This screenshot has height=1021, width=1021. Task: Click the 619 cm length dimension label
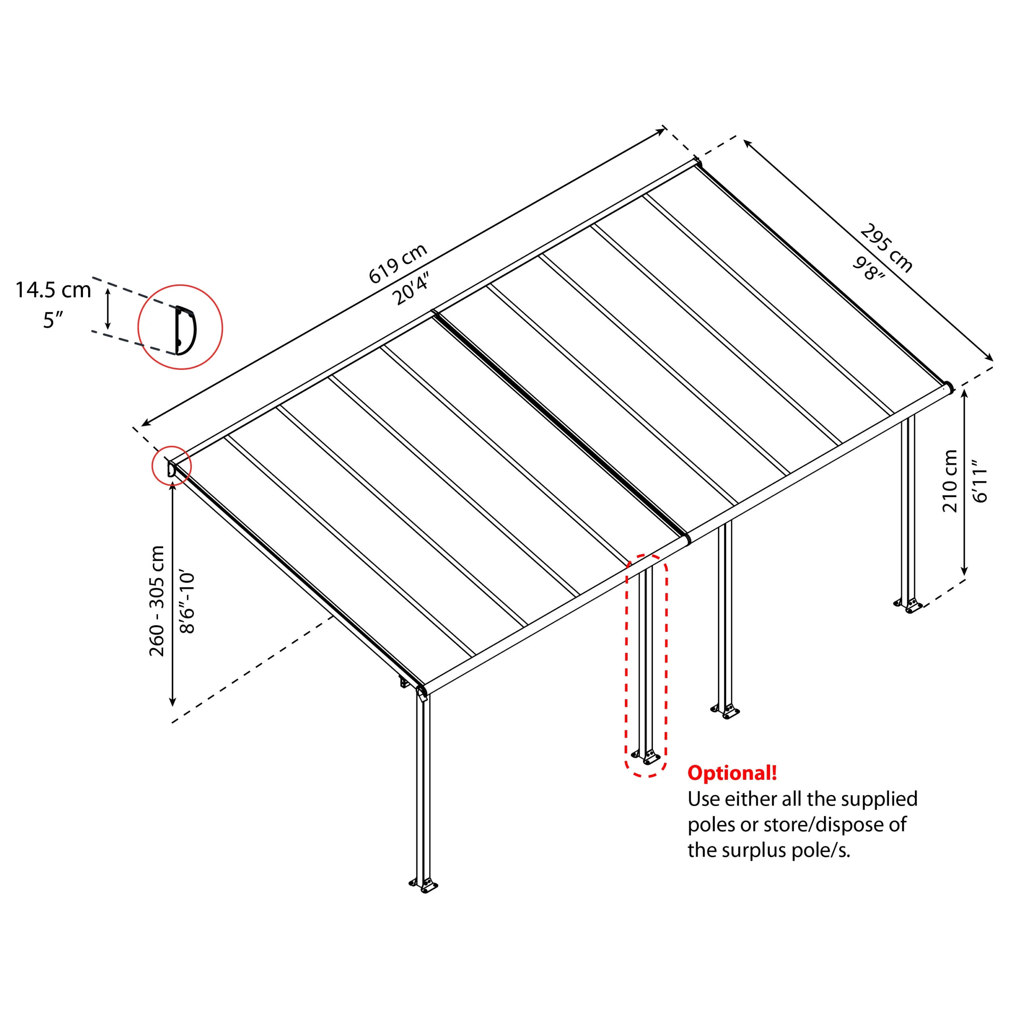[x=397, y=264]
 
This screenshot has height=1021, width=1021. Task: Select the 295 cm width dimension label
[x=886, y=248]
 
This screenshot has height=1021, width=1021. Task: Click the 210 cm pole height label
[x=950, y=481]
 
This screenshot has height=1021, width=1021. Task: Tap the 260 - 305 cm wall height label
[x=157, y=601]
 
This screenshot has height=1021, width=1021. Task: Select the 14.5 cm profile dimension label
[x=53, y=290]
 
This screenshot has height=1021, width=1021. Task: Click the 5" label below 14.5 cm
[x=53, y=320]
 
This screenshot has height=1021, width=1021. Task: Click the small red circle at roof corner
[x=171, y=467]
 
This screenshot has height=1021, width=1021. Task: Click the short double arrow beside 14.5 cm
[x=108, y=309]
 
